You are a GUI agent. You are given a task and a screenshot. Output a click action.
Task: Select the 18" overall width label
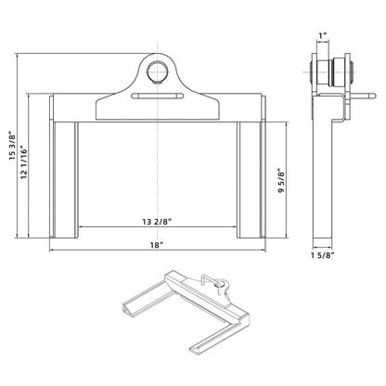[158, 244]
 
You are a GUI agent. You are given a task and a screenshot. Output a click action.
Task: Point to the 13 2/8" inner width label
[159, 221]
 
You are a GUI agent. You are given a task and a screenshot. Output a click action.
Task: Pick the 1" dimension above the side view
[321, 37]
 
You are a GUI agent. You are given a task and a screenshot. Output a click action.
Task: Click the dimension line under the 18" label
[158, 251]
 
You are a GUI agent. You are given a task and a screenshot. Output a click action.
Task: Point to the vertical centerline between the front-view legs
[158, 167]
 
